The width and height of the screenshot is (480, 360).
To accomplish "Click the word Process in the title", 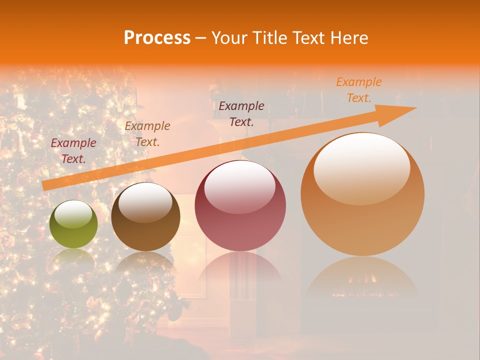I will coord(157,37).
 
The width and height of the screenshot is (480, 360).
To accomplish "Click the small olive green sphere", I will coord(73,224).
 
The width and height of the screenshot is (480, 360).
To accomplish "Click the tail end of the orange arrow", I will coord(45,185).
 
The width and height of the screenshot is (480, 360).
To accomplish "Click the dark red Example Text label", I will coord(73,151).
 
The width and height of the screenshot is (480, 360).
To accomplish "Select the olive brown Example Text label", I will coord(147,134).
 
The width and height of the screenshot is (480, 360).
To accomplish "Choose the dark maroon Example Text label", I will coord(241,113).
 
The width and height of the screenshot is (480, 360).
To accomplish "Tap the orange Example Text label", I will coord(358,90).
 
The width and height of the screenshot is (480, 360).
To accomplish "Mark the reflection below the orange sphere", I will coord(362,278).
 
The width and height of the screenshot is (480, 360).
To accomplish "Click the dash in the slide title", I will coord(200,38).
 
